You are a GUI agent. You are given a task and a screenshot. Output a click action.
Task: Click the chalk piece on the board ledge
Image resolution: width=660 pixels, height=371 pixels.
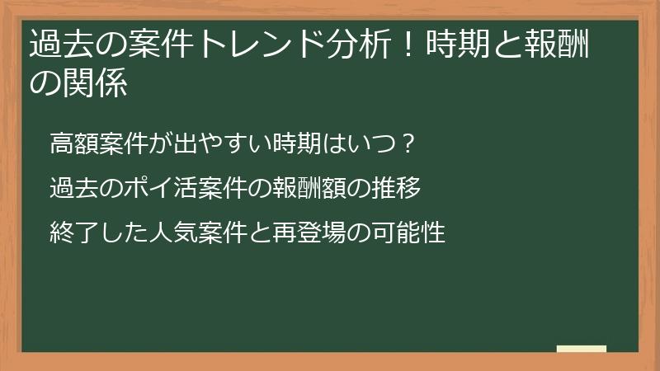tap(582, 349)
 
